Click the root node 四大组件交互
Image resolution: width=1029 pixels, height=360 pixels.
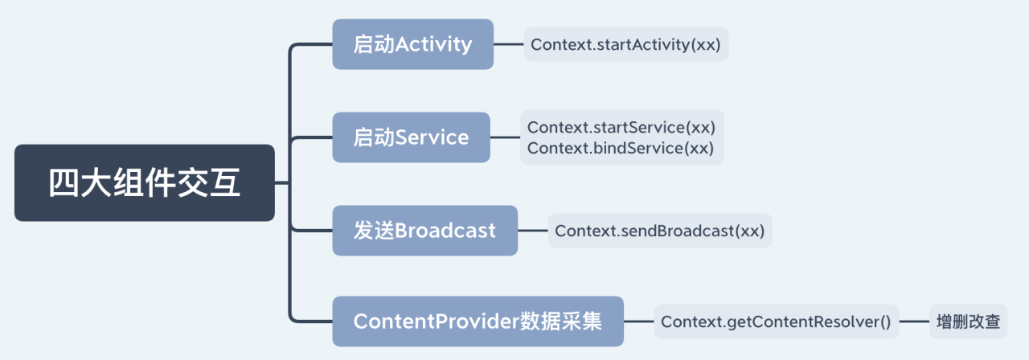click(x=145, y=183)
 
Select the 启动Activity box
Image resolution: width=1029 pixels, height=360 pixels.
click(x=412, y=44)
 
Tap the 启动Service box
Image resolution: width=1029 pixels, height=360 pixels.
click(x=411, y=137)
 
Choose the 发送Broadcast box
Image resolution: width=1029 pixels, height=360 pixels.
click(x=424, y=231)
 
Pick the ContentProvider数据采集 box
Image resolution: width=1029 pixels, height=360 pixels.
click(x=478, y=321)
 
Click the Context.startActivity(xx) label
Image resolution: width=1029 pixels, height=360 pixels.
click(x=625, y=44)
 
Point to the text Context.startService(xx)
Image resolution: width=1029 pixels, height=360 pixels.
click(x=621, y=127)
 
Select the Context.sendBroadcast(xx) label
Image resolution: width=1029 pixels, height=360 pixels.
click(x=659, y=231)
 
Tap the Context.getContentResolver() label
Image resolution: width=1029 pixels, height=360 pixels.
click(x=776, y=321)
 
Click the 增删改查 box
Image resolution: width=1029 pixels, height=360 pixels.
click(x=968, y=321)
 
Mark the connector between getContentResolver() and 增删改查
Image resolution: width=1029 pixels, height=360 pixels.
click(x=914, y=321)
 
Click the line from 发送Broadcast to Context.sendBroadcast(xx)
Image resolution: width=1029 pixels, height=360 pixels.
click(x=532, y=231)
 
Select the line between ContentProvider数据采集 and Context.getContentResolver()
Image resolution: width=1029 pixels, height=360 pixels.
click(x=638, y=321)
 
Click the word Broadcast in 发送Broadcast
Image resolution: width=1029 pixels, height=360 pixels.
click(x=445, y=231)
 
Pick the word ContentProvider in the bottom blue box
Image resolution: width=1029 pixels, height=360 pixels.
click(x=433, y=321)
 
